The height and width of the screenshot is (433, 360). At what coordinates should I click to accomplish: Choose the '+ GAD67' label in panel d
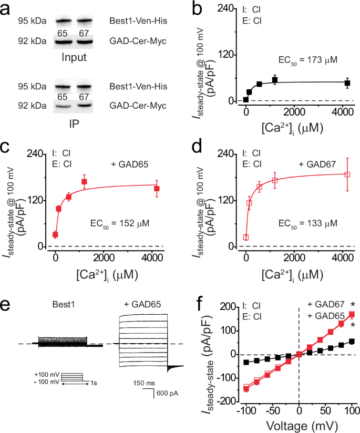tap(316, 163)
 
